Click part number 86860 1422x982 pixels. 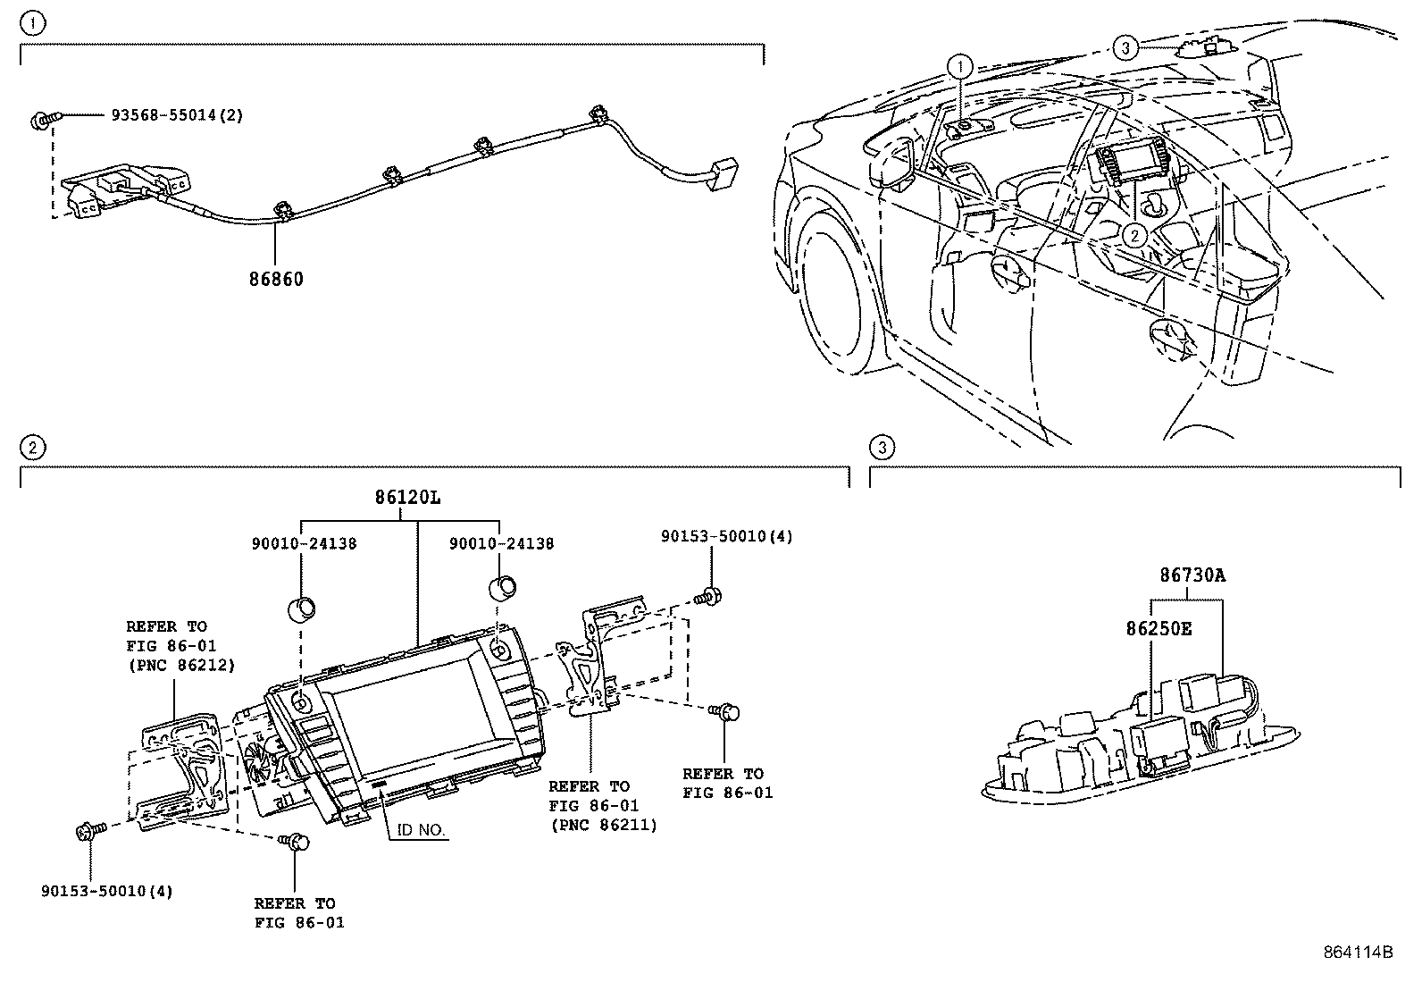click(x=276, y=279)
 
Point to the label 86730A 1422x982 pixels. click(x=1192, y=576)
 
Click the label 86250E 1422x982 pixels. click(x=1158, y=628)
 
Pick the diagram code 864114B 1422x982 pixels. click(x=1358, y=952)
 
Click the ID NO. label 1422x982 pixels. click(x=420, y=831)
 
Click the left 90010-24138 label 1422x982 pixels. click(x=302, y=543)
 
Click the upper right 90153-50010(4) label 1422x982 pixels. click(x=726, y=536)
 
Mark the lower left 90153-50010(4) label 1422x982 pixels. click(x=107, y=891)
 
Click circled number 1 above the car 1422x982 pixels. click(x=959, y=65)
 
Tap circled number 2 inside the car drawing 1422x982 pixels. click(x=1133, y=235)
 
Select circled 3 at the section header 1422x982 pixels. click(x=881, y=447)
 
